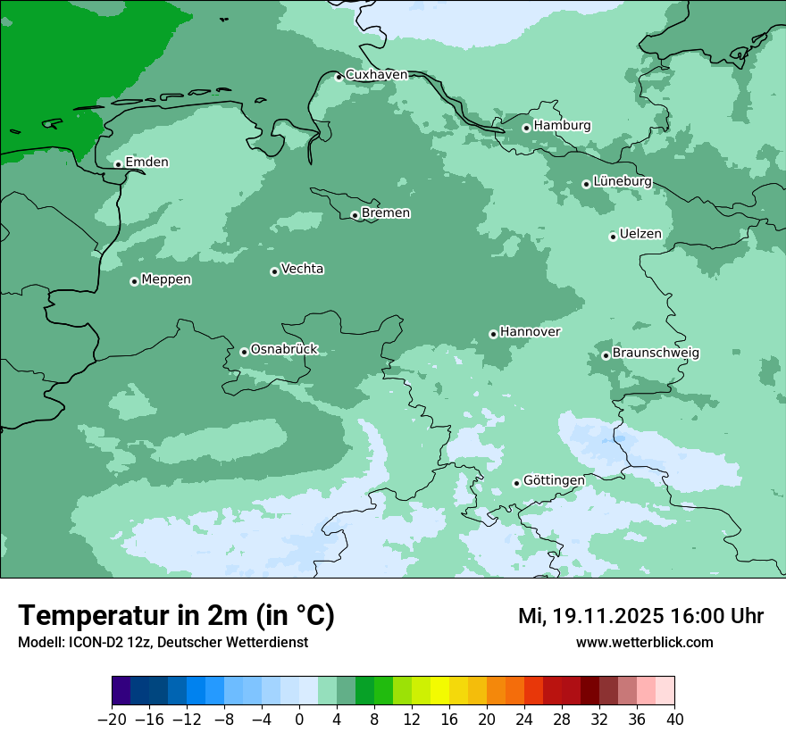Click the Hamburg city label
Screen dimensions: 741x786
click(562, 126)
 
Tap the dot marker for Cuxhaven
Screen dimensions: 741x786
click(339, 78)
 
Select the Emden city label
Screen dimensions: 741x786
click(146, 162)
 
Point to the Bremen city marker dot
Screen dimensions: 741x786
click(355, 215)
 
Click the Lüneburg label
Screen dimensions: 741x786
click(623, 181)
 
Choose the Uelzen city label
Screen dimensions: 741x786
click(640, 235)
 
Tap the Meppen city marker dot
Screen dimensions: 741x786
click(134, 281)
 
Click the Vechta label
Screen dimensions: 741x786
click(302, 269)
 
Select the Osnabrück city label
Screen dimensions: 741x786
click(284, 349)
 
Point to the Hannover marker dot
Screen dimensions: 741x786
click(493, 334)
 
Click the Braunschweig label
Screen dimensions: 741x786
click(656, 353)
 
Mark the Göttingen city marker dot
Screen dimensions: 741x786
click(516, 483)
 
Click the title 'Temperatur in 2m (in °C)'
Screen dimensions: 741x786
click(176, 615)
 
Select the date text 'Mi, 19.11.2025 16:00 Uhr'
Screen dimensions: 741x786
click(640, 616)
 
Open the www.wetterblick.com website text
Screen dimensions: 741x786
click(644, 642)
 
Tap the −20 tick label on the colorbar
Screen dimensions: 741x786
click(112, 720)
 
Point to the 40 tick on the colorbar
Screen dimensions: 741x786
click(674, 720)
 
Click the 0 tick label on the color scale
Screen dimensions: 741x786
click(299, 720)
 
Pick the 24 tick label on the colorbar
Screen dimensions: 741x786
click(524, 720)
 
